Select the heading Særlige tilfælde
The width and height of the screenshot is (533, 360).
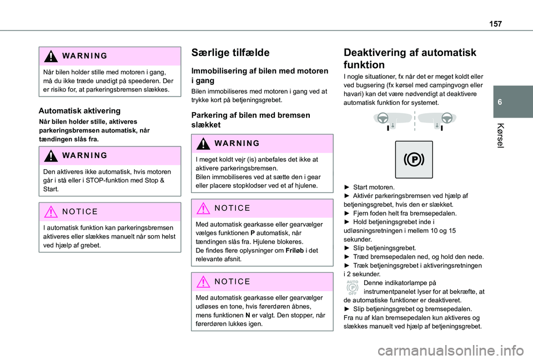click(230, 53)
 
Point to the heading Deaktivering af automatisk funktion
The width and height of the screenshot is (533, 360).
click(410, 59)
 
